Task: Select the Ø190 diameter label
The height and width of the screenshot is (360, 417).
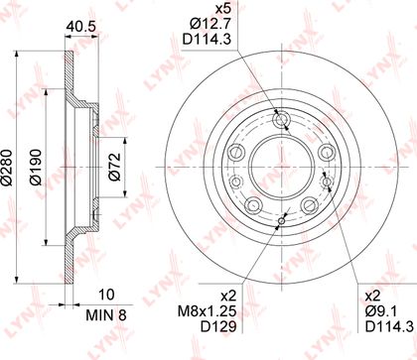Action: [36, 168]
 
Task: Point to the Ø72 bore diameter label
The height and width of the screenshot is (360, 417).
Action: [114, 167]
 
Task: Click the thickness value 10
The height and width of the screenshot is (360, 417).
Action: [106, 295]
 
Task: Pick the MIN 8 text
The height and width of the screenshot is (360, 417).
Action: [106, 315]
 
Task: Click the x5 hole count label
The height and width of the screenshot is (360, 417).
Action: [222, 9]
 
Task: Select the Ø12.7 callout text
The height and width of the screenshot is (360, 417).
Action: [209, 24]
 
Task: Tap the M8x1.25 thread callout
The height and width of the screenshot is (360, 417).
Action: [208, 311]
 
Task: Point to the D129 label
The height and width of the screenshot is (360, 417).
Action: [218, 327]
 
